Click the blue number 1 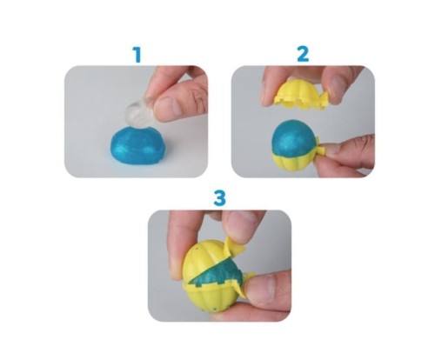137,55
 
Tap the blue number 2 303,55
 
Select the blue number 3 219,198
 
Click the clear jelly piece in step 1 137,113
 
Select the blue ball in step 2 293,137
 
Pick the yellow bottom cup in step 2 293,164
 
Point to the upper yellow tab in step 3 234,247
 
